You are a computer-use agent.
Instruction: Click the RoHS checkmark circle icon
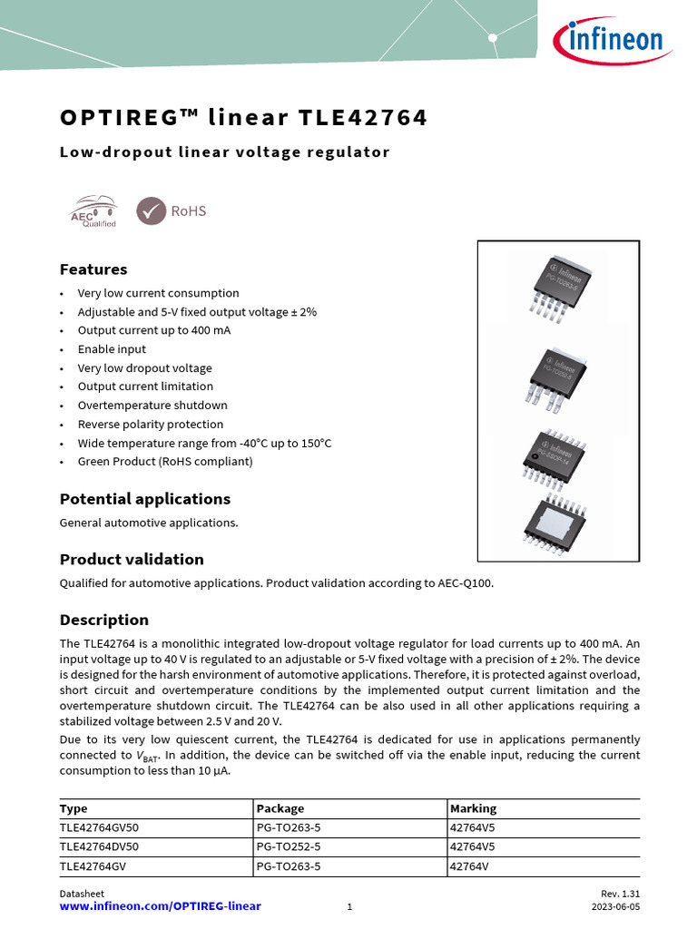151,210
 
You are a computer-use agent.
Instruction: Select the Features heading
93,269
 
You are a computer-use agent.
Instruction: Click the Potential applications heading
145,499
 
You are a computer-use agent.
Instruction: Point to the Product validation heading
132,559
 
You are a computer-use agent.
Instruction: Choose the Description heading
104,620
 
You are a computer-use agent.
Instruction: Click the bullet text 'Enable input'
112,349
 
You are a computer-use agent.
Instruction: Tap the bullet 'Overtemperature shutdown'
152,406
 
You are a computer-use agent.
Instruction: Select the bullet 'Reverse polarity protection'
151,425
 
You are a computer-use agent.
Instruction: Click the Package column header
280,808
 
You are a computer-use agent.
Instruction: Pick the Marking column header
474,808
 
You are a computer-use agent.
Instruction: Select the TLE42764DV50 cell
99,846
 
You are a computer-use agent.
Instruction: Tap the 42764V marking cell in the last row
469,866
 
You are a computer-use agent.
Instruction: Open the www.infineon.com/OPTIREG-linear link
160,906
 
